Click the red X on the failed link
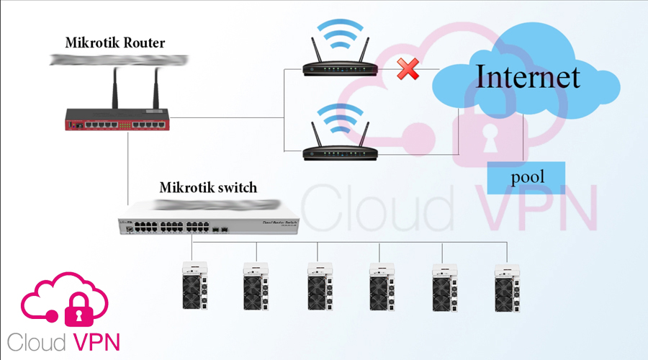click(x=408, y=70)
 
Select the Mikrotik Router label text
click(x=115, y=42)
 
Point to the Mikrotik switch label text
click(x=208, y=188)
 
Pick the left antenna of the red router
click(x=114, y=86)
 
